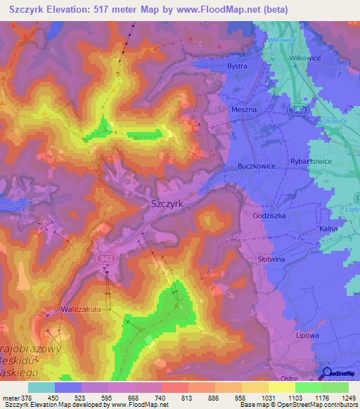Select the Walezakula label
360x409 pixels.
tap(82, 309)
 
